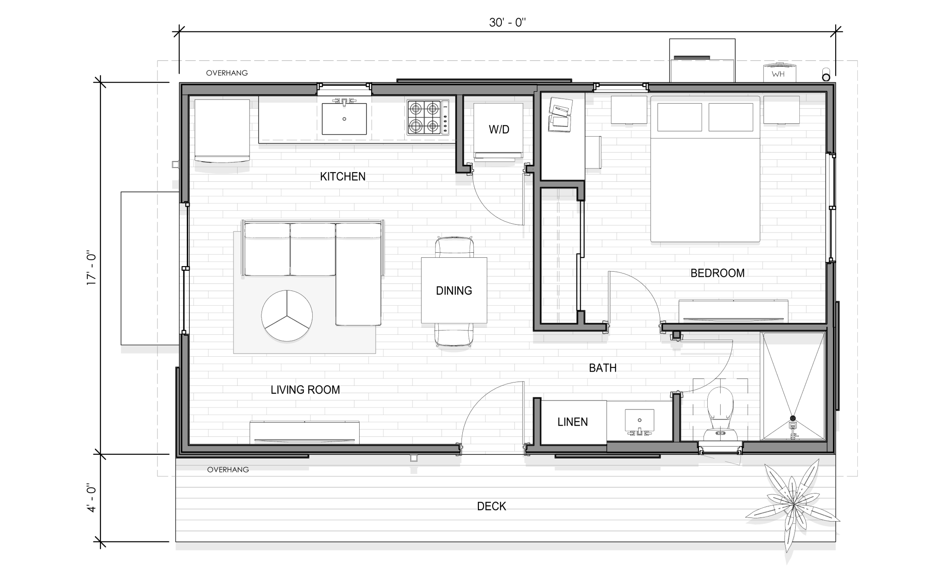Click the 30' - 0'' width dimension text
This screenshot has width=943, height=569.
click(x=507, y=23)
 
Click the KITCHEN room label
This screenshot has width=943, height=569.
click(x=343, y=176)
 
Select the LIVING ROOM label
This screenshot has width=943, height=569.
click(x=305, y=390)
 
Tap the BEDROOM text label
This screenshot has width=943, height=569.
click(x=717, y=273)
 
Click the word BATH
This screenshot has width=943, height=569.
click(x=603, y=368)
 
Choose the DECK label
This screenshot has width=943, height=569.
click(x=491, y=506)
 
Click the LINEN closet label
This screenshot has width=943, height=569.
click(x=572, y=422)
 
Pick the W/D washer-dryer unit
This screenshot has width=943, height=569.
click(x=499, y=131)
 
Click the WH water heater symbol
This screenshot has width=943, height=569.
click(x=778, y=73)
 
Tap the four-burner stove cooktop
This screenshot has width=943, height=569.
click(x=428, y=117)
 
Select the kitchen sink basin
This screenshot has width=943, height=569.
click(x=344, y=118)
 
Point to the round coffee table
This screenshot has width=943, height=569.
click(x=287, y=316)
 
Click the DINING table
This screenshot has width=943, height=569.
click(x=454, y=290)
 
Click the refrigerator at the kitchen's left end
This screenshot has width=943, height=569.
click(x=222, y=131)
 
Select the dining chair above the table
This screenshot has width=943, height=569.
click(x=454, y=247)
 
